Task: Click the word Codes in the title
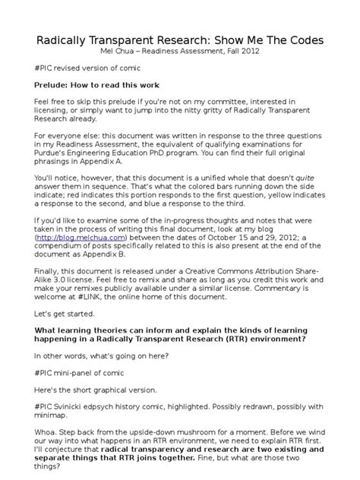(302, 39)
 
